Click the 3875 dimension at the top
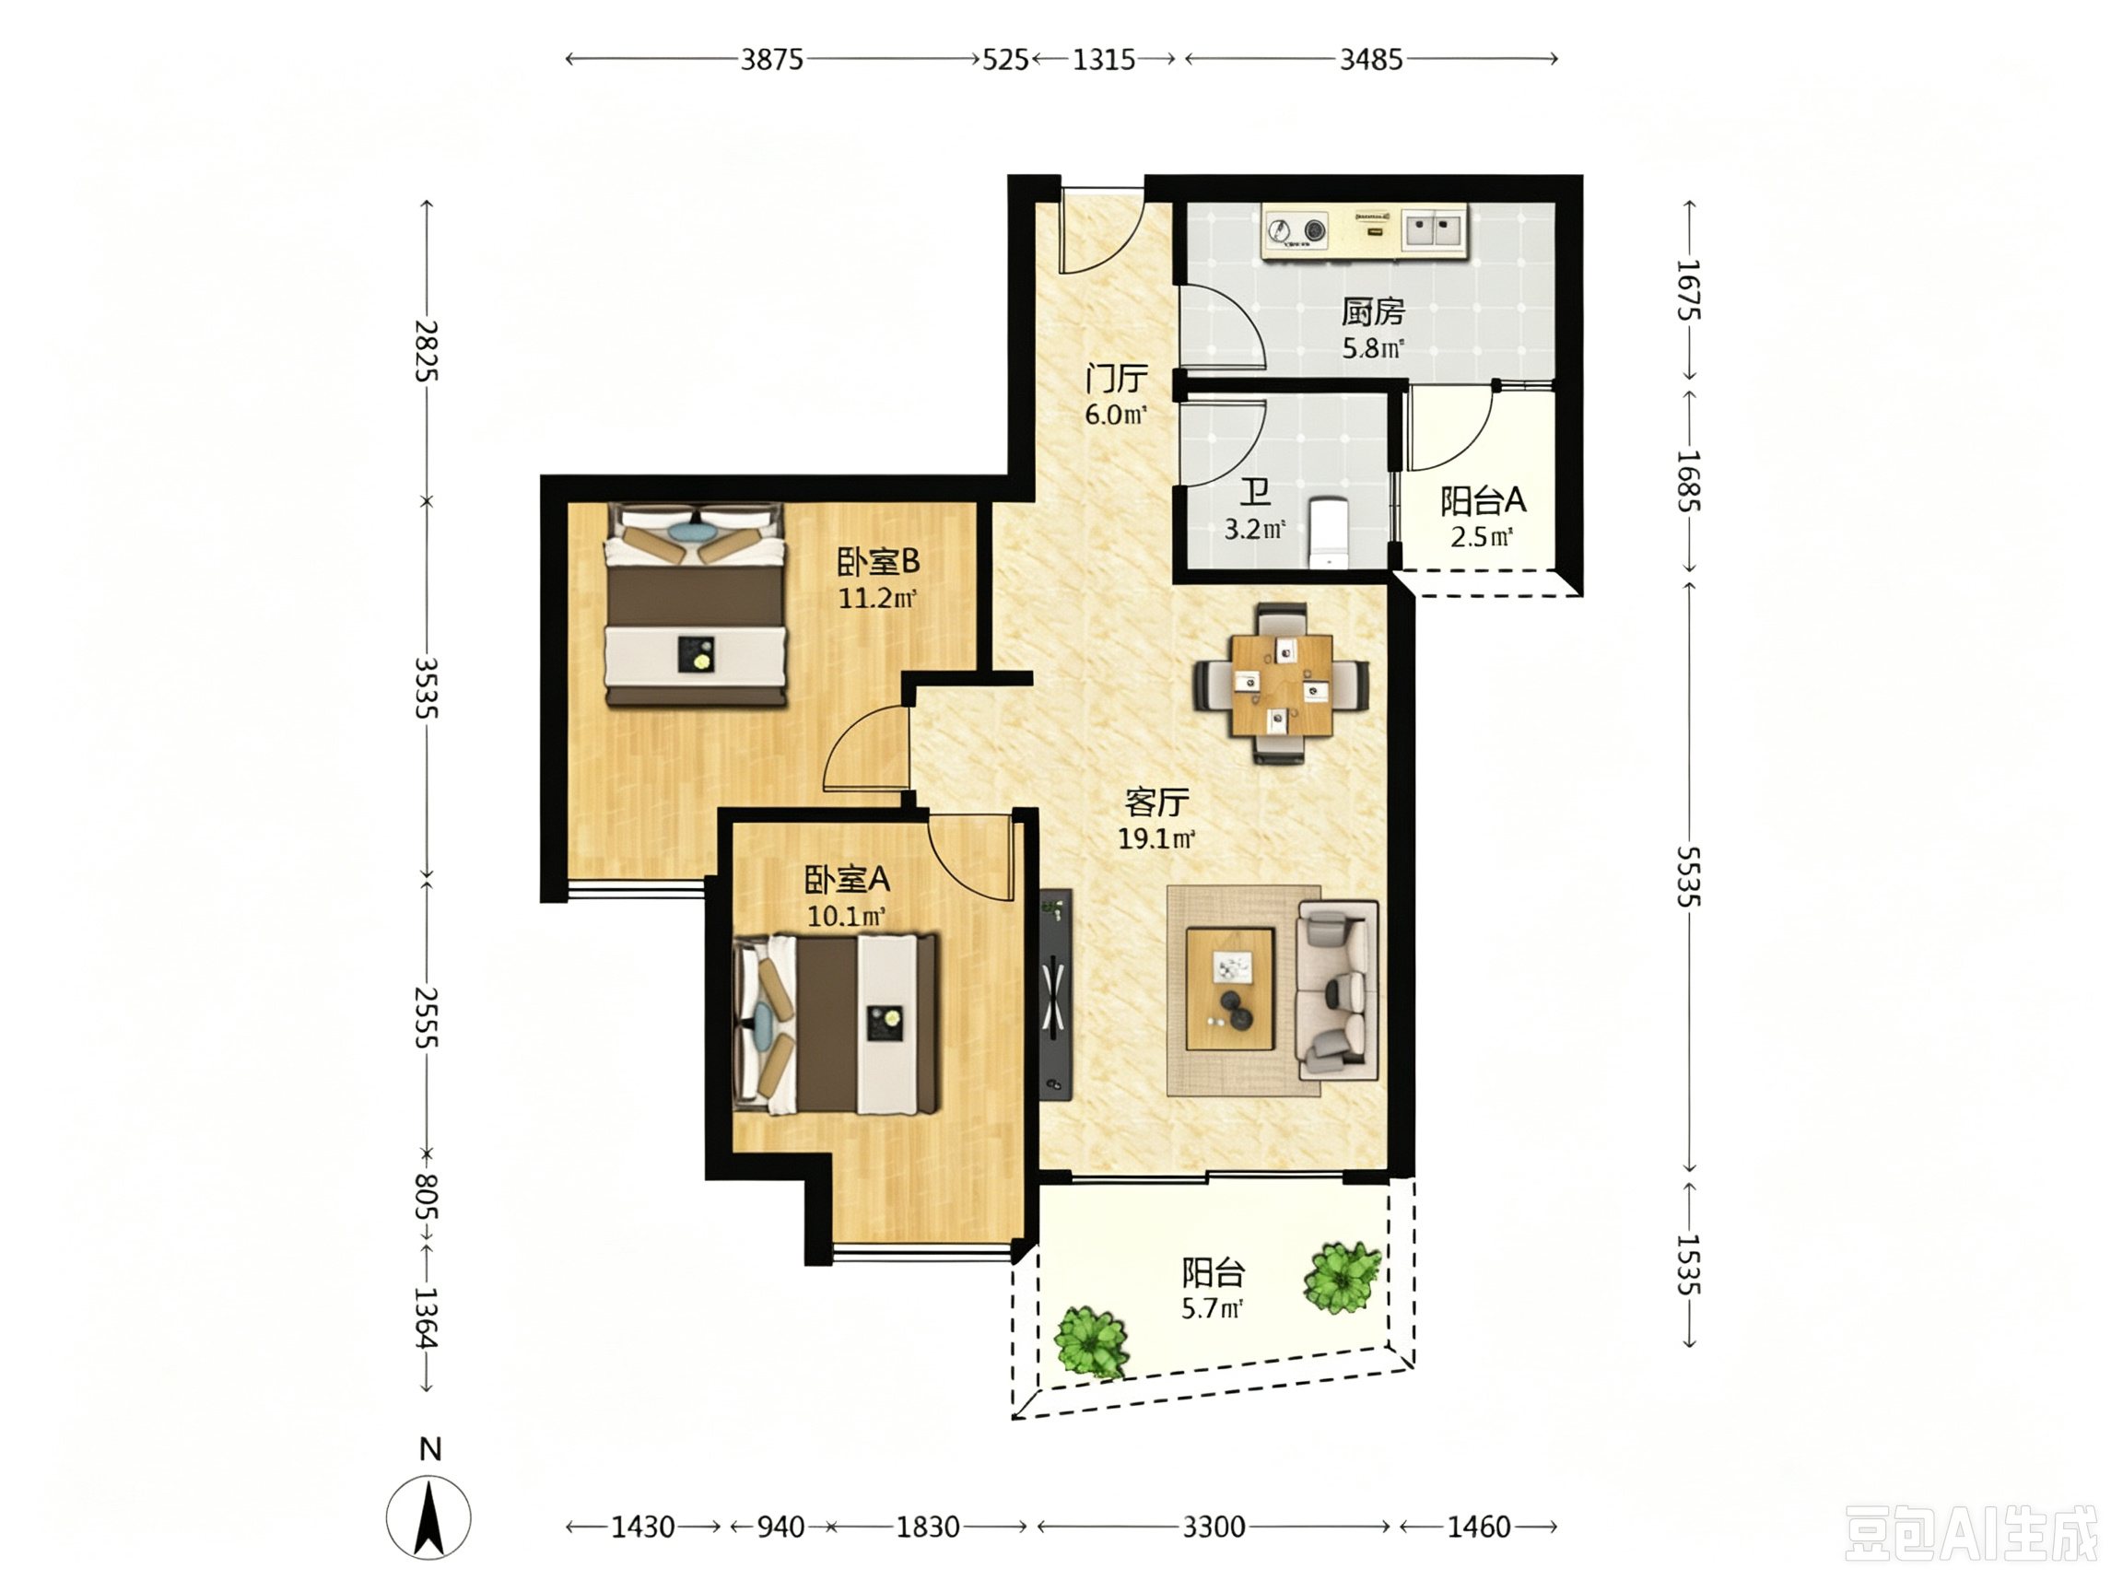click(x=771, y=60)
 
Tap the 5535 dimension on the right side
click(x=1688, y=876)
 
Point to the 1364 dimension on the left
click(x=426, y=1317)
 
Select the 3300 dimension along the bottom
click(x=1214, y=1527)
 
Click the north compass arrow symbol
click(x=429, y=1517)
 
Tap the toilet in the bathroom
click(x=1329, y=532)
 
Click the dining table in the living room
click(x=1282, y=685)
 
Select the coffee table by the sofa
click(x=1230, y=989)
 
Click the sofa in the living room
click(x=1337, y=989)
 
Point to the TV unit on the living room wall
click(x=1056, y=993)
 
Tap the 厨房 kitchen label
click(x=1372, y=312)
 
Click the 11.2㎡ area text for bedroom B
click(x=877, y=599)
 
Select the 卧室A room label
click(x=847, y=879)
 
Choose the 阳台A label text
click(x=1483, y=500)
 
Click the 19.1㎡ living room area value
click(x=1156, y=838)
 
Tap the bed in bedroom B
click(x=695, y=605)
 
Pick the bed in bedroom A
click(x=835, y=1024)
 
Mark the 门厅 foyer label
click(x=1116, y=378)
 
